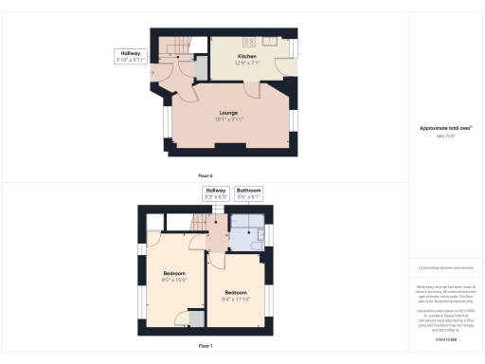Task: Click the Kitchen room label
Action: point(247,59)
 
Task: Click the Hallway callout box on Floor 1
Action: point(216,193)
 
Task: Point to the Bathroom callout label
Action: point(248,193)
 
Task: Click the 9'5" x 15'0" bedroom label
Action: point(175,277)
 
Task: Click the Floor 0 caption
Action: point(206,176)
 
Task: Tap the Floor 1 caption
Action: point(206,346)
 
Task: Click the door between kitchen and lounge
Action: point(252,89)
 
